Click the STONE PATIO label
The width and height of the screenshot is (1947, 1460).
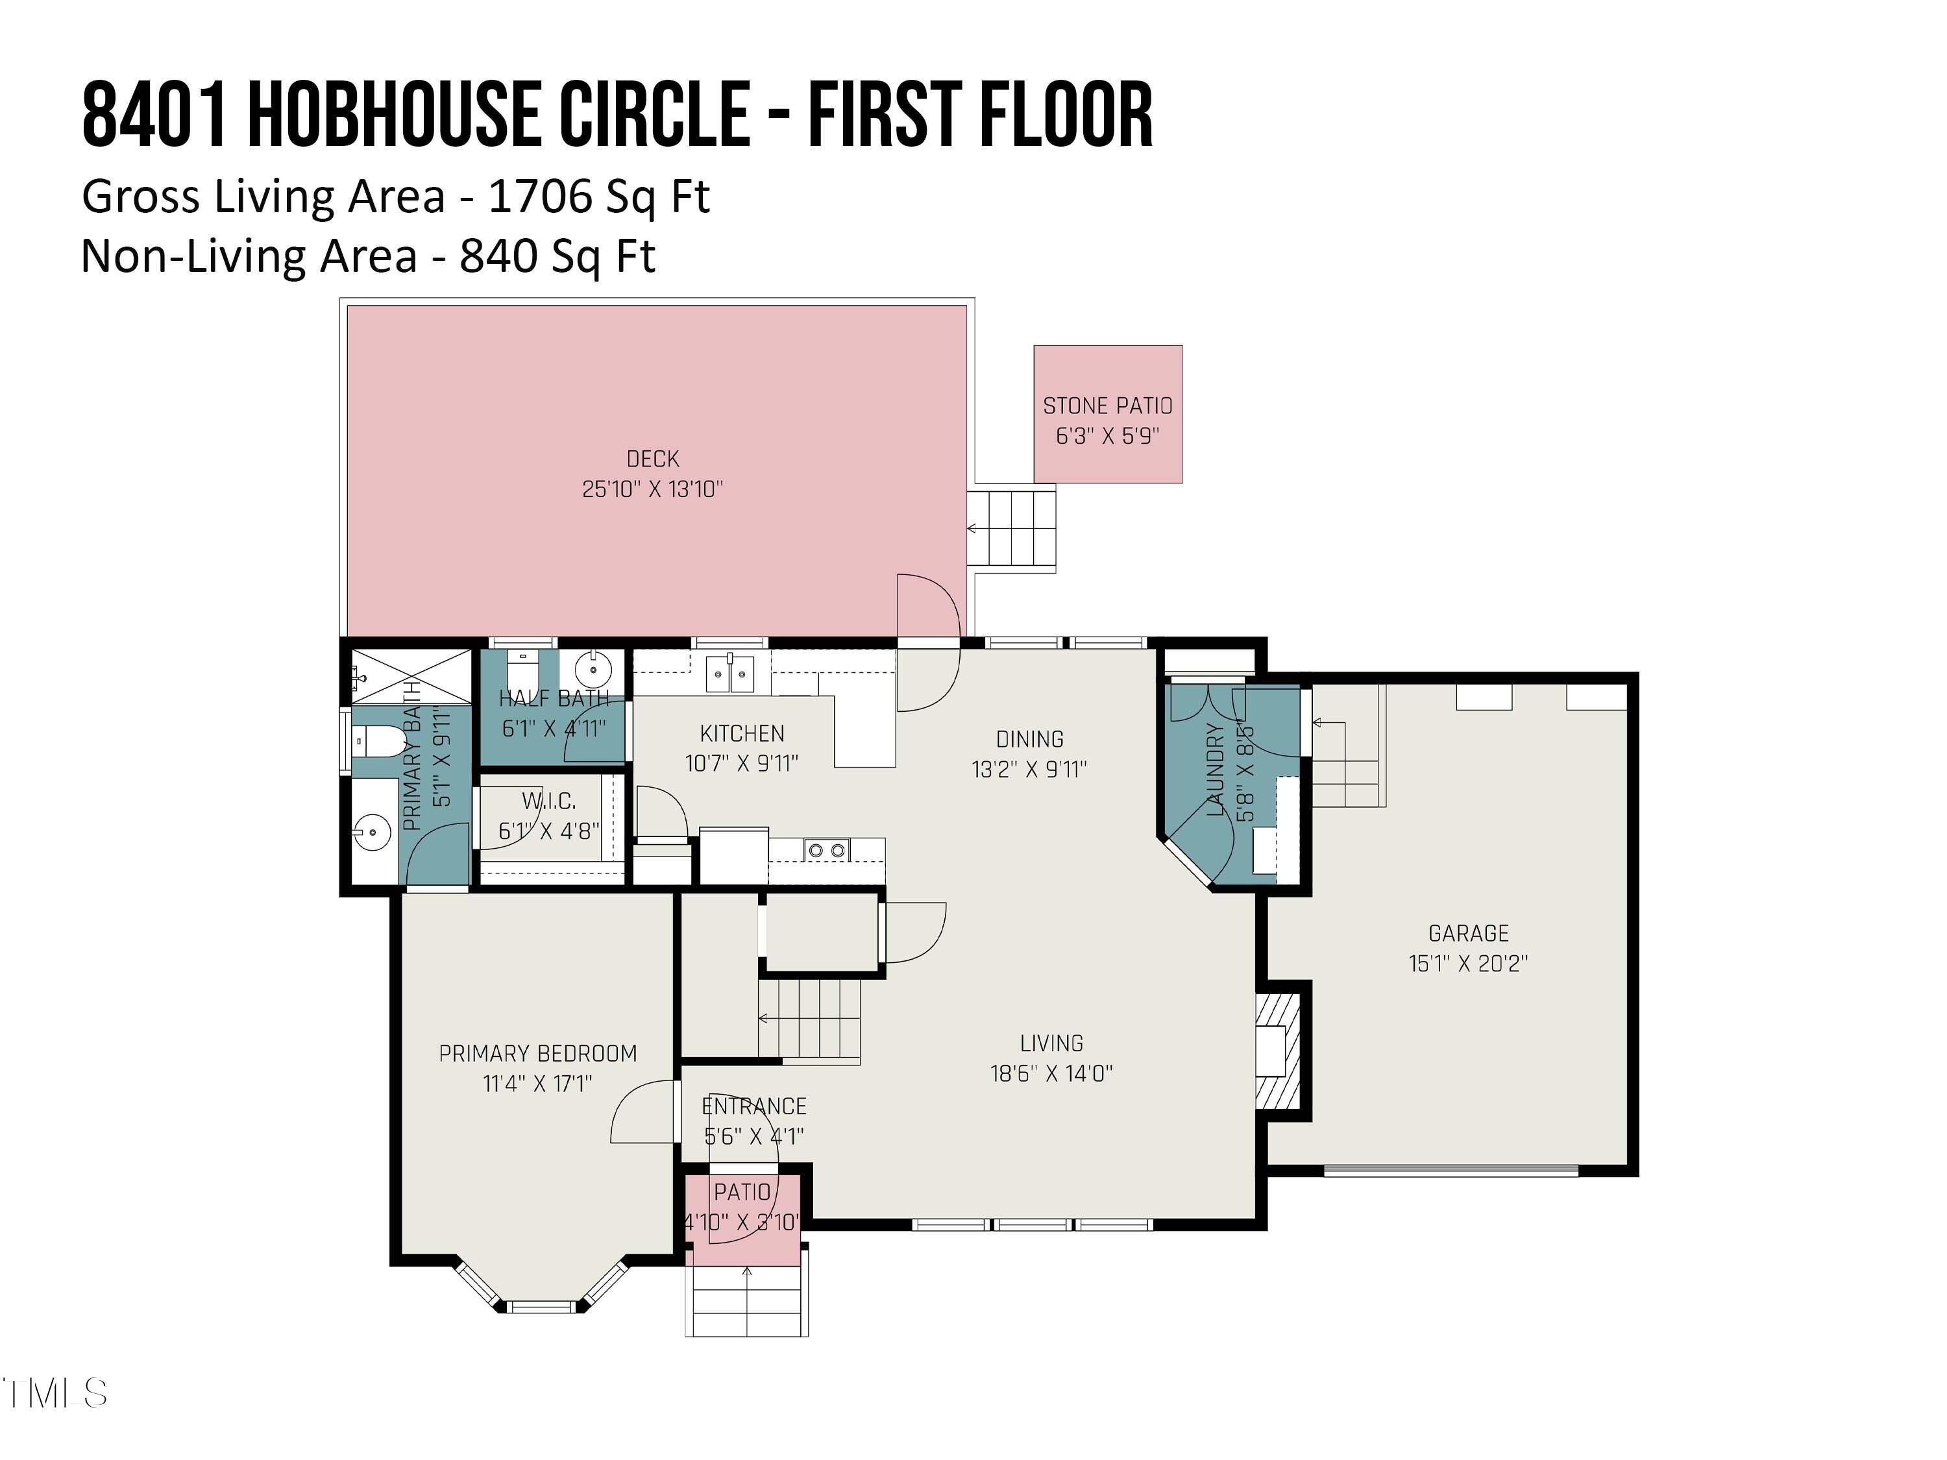(1107, 406)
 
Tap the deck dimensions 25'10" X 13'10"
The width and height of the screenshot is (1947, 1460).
(652, 489)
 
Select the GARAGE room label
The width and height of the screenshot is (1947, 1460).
(1468, 933)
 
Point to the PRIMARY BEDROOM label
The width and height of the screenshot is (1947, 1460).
(538, 1053)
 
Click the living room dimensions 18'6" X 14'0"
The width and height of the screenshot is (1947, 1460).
(1051, 1073)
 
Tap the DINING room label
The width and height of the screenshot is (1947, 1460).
(1029, 739)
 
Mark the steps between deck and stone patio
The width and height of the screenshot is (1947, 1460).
(1012, 528)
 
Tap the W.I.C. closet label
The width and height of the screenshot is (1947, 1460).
(549, 801)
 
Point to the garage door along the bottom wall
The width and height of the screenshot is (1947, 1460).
(1451, 1171)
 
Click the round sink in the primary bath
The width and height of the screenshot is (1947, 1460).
(373, 831)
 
